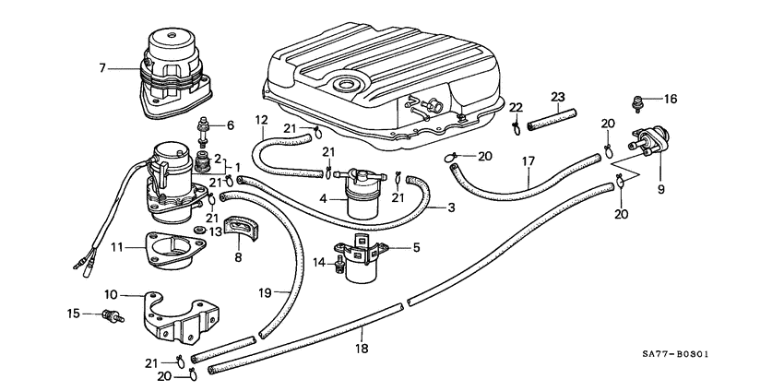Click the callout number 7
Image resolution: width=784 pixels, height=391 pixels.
(x=103, y=66)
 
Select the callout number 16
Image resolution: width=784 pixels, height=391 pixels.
(x=671, y=98)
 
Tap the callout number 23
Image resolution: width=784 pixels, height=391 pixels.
(x=558, y=97)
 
